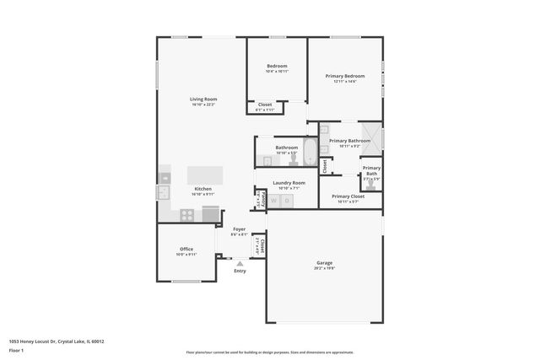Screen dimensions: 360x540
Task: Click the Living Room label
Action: click(x=203, y=99)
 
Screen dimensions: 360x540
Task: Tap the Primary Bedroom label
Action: click(x=345, y=76)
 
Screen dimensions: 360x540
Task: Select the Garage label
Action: click(x=324, y=262)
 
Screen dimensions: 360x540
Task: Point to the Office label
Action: click(x=186, y=249)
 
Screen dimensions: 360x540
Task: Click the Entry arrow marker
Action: click(x=240, y=263)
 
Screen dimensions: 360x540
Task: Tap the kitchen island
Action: click(x=206, y=175)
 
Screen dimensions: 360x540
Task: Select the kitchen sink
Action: click(x=162, y=192)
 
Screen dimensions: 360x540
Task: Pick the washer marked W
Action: click(x=273, y=201)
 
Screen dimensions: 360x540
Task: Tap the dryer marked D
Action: click(x=287, y=201)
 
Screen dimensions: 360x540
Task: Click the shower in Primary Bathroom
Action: click(x=375, y=137)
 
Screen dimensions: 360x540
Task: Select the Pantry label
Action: click(x=262, y=198)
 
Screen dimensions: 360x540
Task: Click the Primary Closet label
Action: click(x=348, y=196)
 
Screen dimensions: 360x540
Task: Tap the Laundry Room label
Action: click(x=289, y=182)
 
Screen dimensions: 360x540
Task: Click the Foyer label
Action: click(x=240, y=228)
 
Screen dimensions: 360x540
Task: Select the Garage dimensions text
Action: click(x=324, y=268)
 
